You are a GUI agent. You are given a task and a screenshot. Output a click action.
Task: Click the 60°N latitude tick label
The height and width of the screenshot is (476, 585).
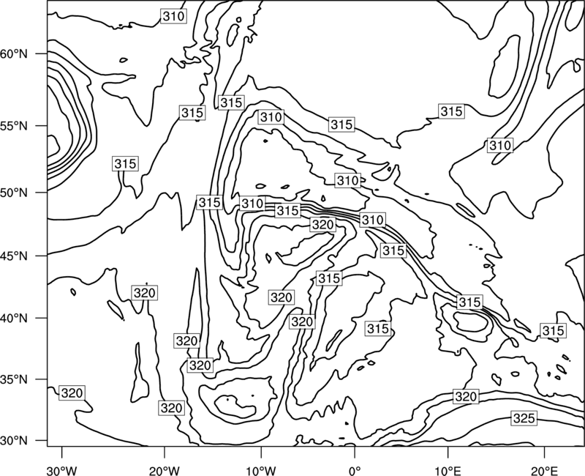coord(14,54)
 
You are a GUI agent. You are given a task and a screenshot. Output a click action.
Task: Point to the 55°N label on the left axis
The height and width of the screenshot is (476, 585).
coord(14,126)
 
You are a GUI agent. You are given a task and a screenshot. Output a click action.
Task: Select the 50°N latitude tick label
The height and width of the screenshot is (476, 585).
coord(14,193)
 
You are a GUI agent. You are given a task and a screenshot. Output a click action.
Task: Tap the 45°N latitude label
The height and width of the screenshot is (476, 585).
coord(14,256)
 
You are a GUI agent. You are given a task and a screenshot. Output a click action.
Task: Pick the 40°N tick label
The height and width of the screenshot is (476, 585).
coord(14,319)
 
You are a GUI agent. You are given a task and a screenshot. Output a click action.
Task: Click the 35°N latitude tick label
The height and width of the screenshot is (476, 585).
coord(14,379)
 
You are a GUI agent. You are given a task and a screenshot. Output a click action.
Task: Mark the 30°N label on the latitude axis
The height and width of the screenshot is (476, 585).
coord(14,441)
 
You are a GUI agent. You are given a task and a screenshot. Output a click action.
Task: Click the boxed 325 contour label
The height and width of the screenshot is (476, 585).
coord(524,418)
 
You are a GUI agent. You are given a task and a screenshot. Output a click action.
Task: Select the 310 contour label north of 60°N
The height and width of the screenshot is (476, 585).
coord(173,16)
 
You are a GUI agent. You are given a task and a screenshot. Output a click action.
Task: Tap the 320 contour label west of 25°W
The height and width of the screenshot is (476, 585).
coord(72,393)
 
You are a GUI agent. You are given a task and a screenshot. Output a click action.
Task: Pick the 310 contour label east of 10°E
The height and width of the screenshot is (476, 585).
coord(500,145)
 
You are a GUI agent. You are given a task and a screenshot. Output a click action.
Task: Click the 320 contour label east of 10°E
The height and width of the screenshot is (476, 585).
coord(466,396)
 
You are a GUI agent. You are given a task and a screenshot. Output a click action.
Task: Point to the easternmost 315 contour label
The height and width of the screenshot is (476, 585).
coord(554,331)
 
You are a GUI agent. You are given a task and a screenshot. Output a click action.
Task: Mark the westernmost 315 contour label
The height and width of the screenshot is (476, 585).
coord(125,163)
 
